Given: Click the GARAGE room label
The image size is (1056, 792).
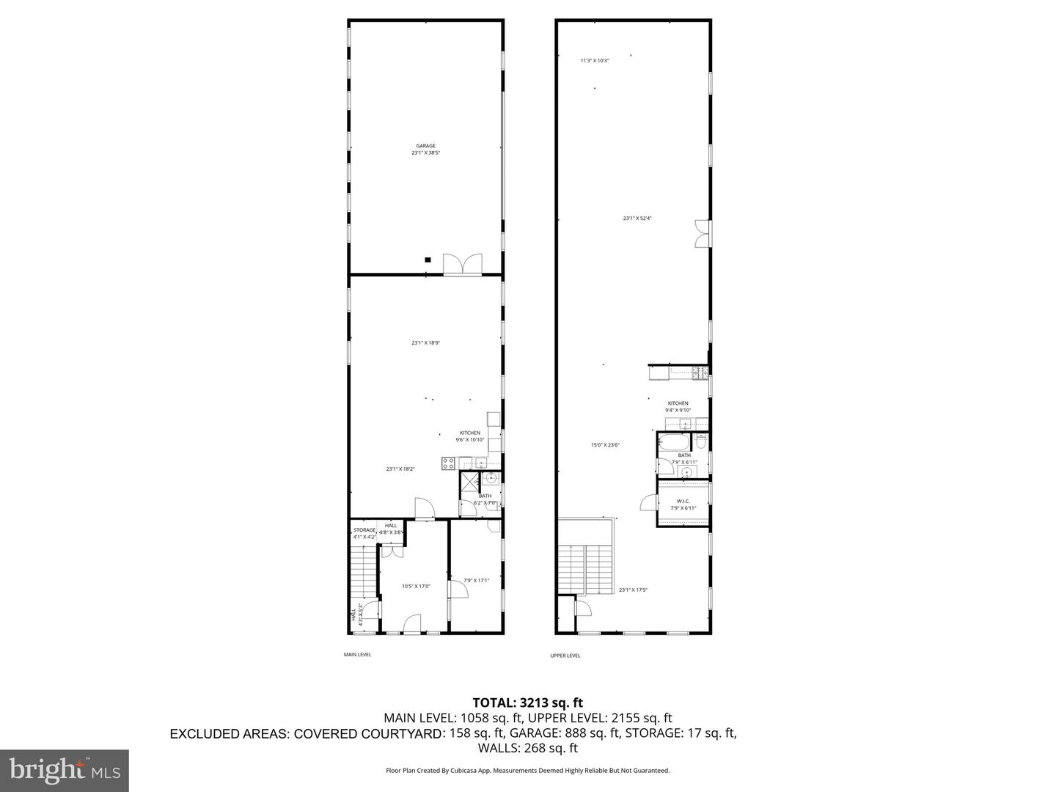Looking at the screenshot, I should [x=425, y=146].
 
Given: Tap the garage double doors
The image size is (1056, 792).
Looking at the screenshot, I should [x=463, y=265].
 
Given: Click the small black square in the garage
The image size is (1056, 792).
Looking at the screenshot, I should [x=428, y=259].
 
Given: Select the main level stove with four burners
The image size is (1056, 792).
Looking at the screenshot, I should [x=448, y=463].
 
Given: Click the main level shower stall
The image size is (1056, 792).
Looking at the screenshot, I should [x=468, y=481].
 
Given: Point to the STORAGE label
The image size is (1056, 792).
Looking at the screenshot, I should [x=364, y=530].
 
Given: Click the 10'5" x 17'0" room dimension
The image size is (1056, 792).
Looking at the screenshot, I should [x=416, y=586].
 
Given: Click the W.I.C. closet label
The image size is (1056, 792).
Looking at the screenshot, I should [x=683, y=502].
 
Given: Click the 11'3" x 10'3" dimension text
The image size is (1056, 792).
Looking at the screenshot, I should [x=595, y=61].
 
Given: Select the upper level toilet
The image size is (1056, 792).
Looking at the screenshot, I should [x=700, y=443].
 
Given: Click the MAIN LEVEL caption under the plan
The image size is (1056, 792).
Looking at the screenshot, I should [x=358, y=654].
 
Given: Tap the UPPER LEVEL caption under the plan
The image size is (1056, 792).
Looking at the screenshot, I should [x=565, y=656].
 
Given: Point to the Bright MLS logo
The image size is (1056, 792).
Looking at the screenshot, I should [x=65, y=770].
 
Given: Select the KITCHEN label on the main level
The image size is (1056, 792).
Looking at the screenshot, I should [x=470, y=433].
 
